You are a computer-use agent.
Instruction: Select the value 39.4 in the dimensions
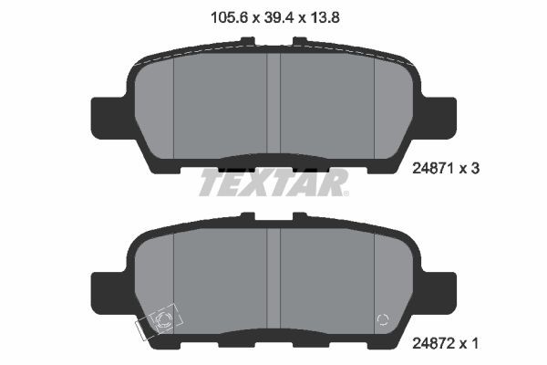[x=273, y=16]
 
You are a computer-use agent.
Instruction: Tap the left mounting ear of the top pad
[x=106, y=116]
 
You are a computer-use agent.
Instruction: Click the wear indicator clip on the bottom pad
[x=160, y=322]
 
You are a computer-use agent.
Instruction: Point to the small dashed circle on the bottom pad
[x=384, y=319]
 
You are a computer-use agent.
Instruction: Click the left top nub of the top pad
[x=247, y=41]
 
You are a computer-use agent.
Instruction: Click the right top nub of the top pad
[x=298, y=41]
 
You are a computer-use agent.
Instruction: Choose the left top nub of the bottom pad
[x=247, y=216]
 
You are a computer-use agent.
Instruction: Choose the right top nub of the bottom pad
[x=298, y=216]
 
